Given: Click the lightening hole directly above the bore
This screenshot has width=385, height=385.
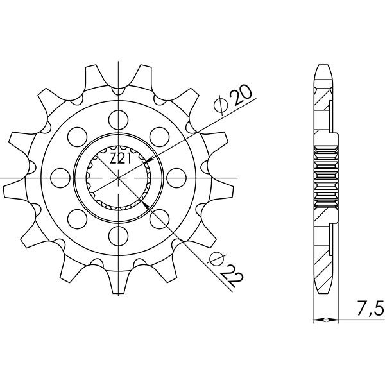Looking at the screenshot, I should pos(118,117).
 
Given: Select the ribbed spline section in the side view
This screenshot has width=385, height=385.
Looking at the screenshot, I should pos(325,175).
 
